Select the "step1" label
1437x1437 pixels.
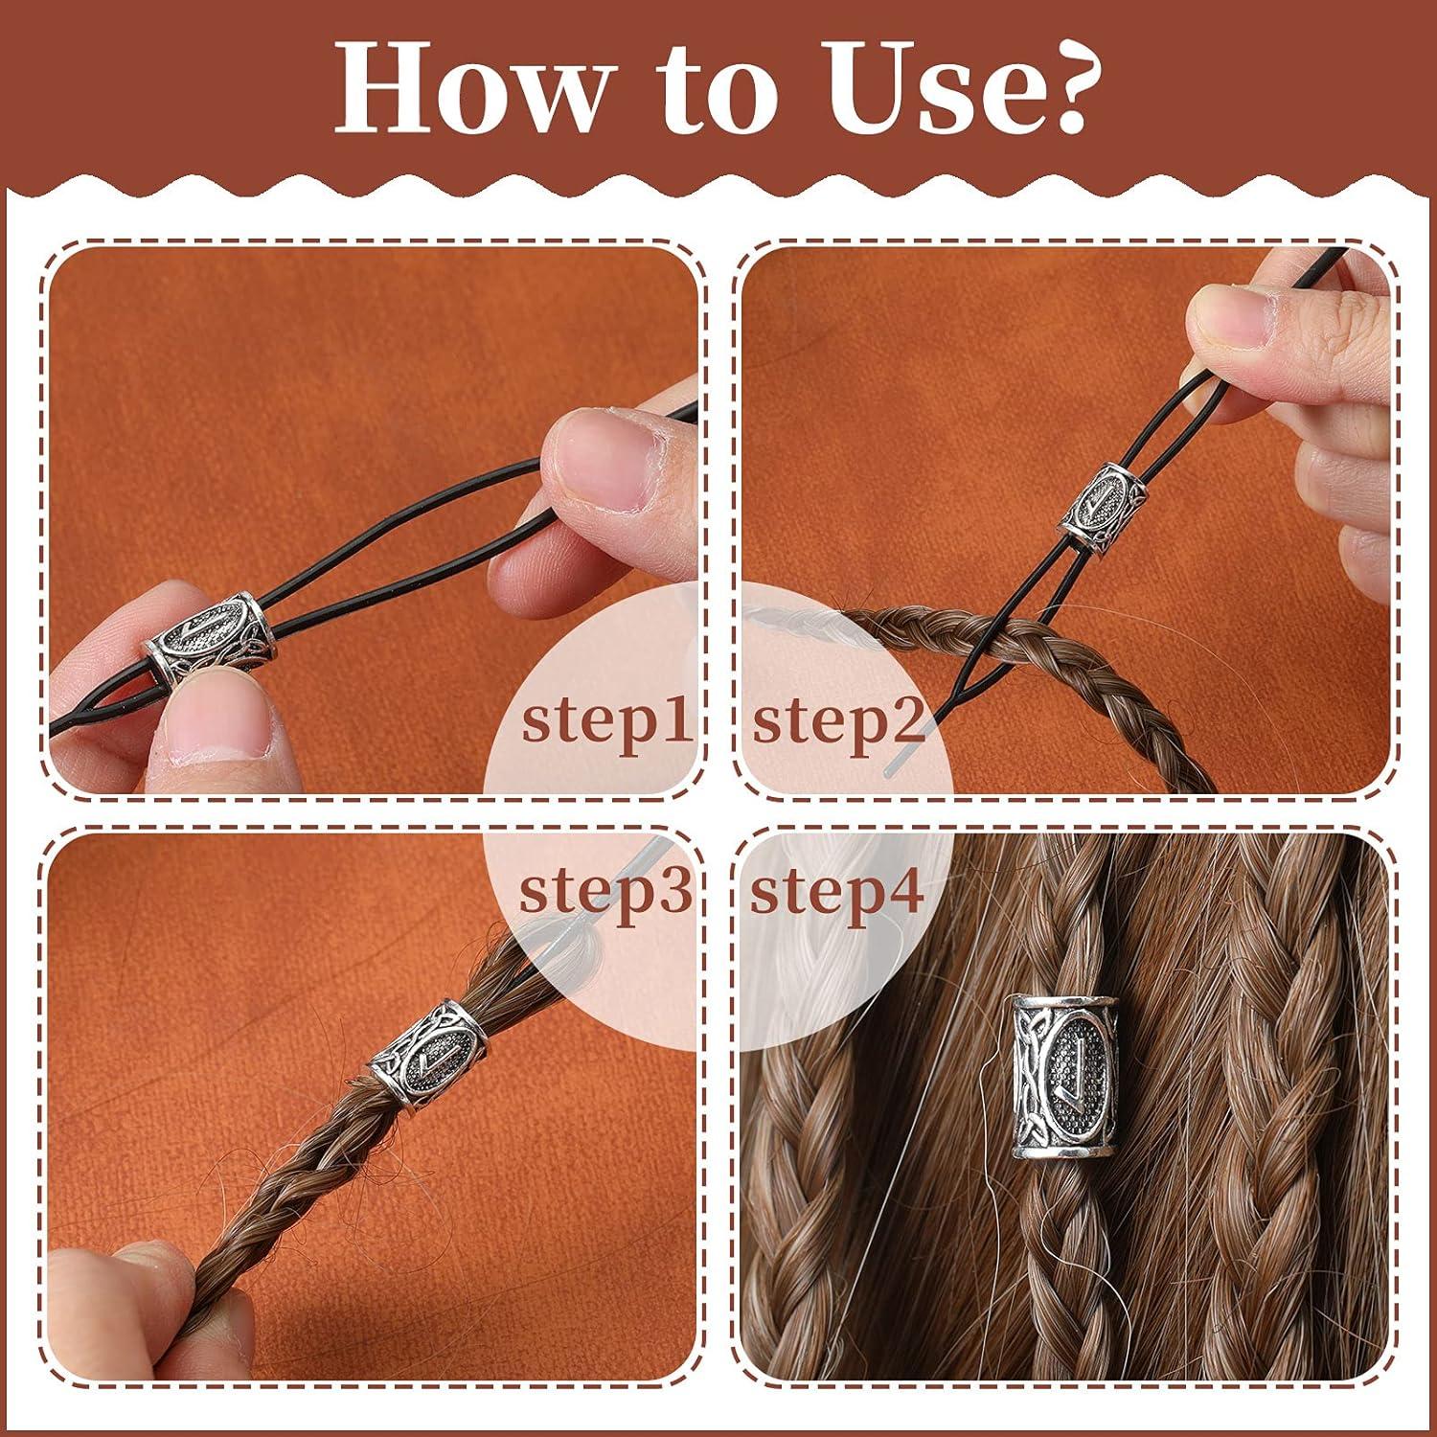click(605, 721)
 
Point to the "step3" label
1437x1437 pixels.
click(604, 891)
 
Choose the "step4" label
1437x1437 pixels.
click(836, 891)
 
